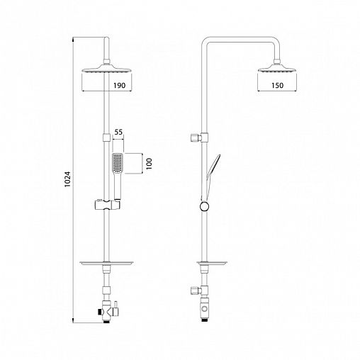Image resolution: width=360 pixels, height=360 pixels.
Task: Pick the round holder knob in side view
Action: coord(204,206)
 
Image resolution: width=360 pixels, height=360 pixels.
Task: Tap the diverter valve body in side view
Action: coord(206,309)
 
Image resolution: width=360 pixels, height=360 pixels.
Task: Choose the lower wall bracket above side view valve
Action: coord(203,290)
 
